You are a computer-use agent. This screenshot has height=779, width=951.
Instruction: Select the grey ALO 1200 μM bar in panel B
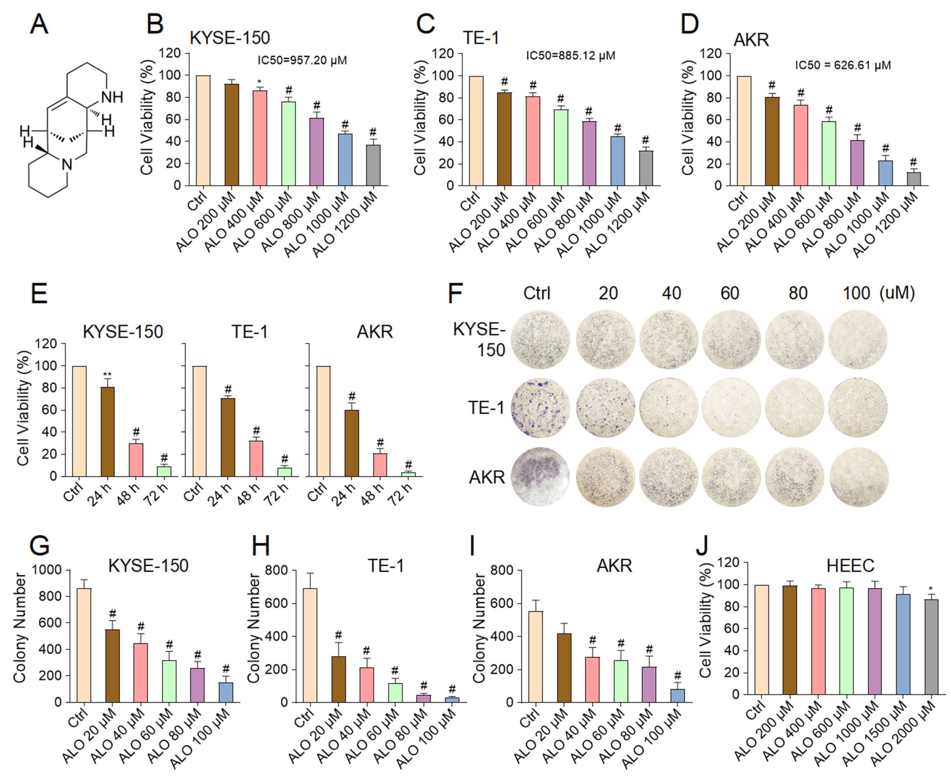click(x=373, y=165)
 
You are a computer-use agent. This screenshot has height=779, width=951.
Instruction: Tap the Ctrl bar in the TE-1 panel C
click(x=476, y=131)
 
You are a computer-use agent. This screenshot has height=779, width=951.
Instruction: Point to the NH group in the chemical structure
click(x=112, y=97)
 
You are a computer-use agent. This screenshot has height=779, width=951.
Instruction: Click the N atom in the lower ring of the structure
click(x=67, y=165)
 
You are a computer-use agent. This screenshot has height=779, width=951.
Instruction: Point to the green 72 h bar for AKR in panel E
click(x=408, y=474)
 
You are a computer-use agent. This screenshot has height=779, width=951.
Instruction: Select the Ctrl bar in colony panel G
click(x=84, y=645)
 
